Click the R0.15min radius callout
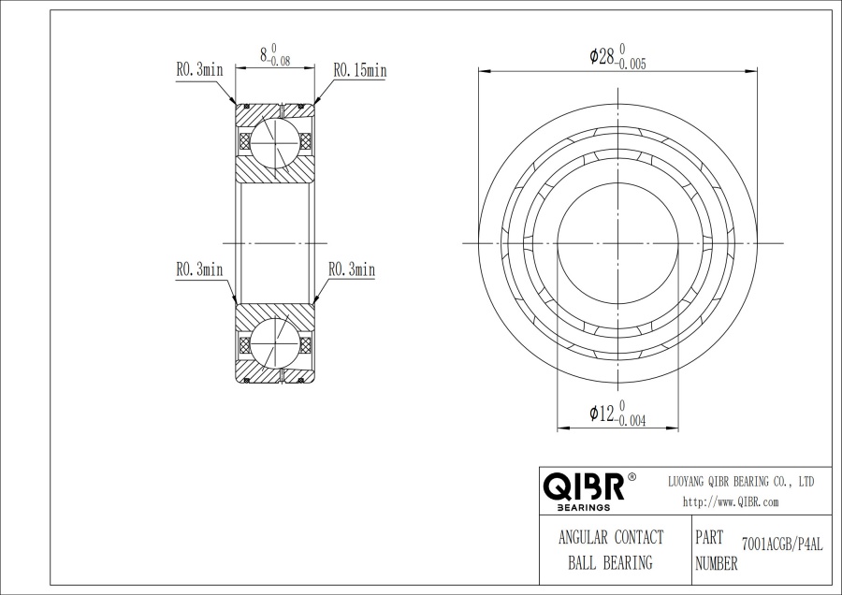click(x=360, y=70)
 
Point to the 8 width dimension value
click(x=264, y=54)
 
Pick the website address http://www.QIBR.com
click(x=731, y=502)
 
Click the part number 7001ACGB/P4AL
click(x=782, y=544)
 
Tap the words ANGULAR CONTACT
click(x=611, y=537)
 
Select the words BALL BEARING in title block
click(x=611, y=563)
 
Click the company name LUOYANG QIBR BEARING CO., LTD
click(x=741, y=481)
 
